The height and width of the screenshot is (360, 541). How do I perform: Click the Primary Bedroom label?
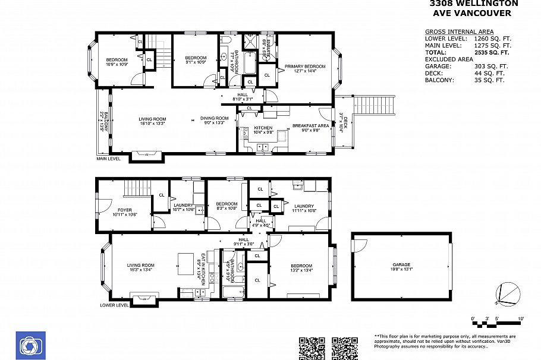(304, 67)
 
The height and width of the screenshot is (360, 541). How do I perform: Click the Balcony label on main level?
(104, 121)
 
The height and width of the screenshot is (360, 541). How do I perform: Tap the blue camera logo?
(27, 345)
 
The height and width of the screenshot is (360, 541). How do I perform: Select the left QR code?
(311, 348)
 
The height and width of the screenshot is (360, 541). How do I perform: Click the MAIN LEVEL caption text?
(108, 159)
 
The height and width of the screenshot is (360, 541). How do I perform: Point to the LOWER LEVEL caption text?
(114, 305)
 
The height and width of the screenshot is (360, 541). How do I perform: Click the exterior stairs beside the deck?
(374, 106)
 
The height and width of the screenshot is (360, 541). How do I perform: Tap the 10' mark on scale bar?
(521, 320)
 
